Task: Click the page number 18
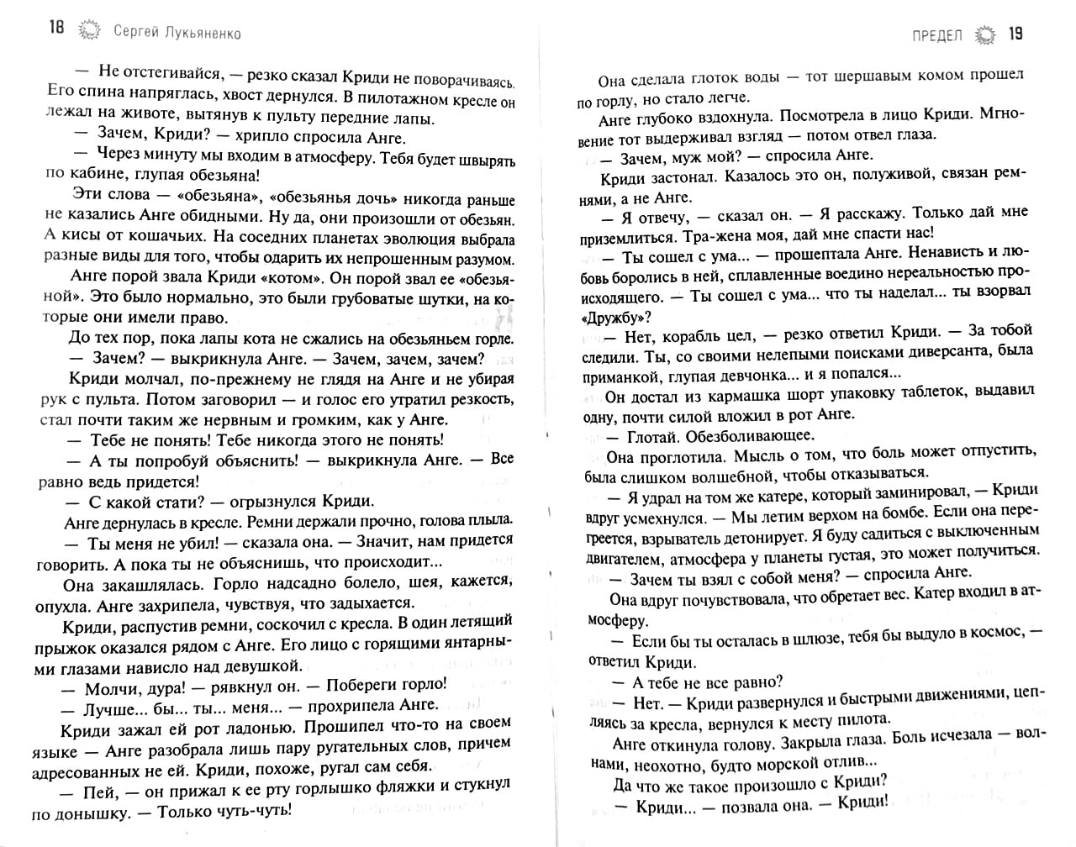(55, 31)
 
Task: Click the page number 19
(1015, 34)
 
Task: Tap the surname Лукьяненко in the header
(198, 33)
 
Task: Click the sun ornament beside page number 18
(87, 32)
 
